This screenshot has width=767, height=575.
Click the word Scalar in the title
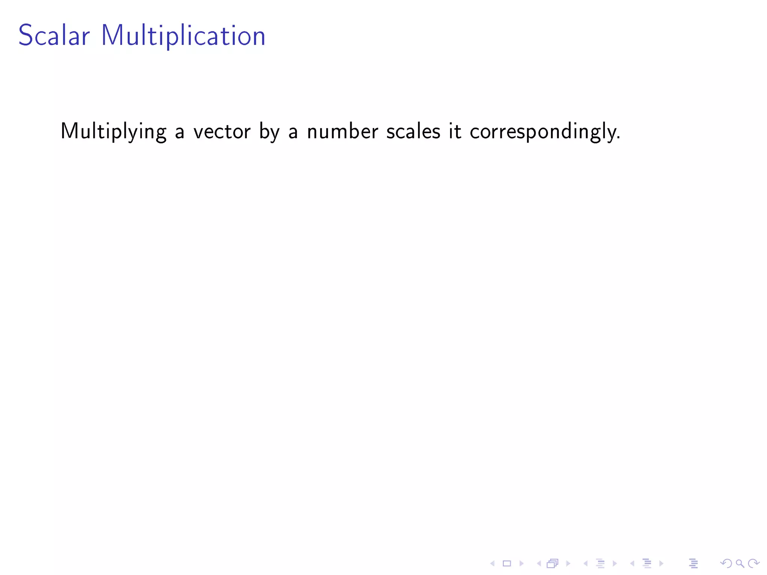point(54,36)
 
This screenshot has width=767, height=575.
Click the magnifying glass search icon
point(740,563)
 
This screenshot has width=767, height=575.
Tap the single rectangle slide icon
point(507,563)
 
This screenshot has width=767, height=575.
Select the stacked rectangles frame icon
point(552,563)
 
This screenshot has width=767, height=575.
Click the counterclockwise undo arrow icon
point(726,563)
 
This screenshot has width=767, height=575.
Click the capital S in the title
point(25,36)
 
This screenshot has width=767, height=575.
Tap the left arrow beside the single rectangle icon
point(492,563)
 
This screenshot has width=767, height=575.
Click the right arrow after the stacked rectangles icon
point(568,563)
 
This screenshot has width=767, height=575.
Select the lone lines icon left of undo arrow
point(693,563)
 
